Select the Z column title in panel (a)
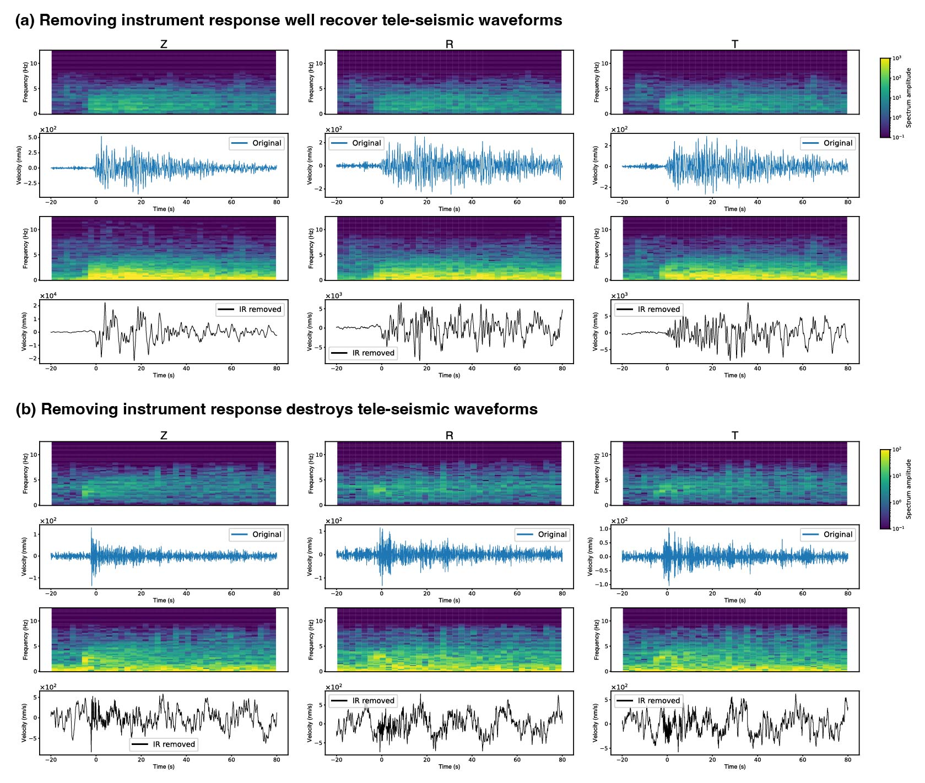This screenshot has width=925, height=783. (164, 45)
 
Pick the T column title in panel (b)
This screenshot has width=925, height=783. (734, 436)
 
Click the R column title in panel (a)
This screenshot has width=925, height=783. (449, 45)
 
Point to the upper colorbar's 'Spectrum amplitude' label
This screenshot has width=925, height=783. (908, 98)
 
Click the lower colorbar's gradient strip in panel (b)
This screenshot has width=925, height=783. (885, 489)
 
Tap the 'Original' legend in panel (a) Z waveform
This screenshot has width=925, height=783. (257, 143)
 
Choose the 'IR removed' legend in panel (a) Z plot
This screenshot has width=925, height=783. (250, 310)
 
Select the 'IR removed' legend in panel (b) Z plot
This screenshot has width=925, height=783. (164, 744)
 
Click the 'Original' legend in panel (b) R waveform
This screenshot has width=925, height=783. (542, 534)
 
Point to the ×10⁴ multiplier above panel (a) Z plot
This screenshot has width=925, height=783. (48, 296)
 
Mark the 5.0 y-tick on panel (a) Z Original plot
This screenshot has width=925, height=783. (33, 137)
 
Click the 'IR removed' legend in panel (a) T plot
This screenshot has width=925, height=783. (648, 310)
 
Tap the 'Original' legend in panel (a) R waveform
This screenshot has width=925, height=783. (356, 143)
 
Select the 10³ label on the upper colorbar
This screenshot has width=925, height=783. (897, 58)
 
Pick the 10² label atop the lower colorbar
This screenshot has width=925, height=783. (897, 450)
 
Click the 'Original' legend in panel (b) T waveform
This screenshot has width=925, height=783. (827, 534)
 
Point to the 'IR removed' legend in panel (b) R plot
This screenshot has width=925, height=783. (363, 701)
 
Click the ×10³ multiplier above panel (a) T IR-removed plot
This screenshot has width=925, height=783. (619, 296)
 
